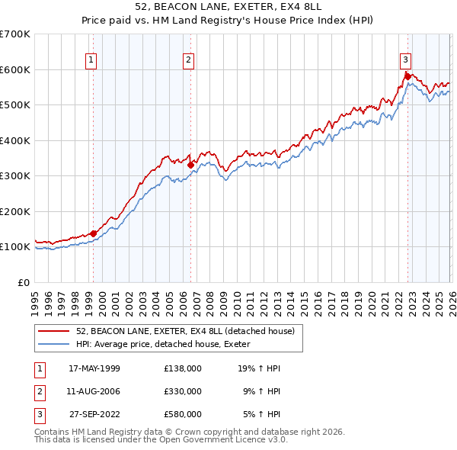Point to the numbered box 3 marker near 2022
tap(406, 59)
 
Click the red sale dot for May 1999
tap(94, 233)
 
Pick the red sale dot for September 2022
tap(407, 76)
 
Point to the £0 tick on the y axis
tap(24, 282)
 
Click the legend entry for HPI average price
tap(168, 344)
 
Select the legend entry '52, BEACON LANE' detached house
tap(190, 331)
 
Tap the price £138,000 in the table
tap(183, 368)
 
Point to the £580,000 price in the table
tap(183, 414)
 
